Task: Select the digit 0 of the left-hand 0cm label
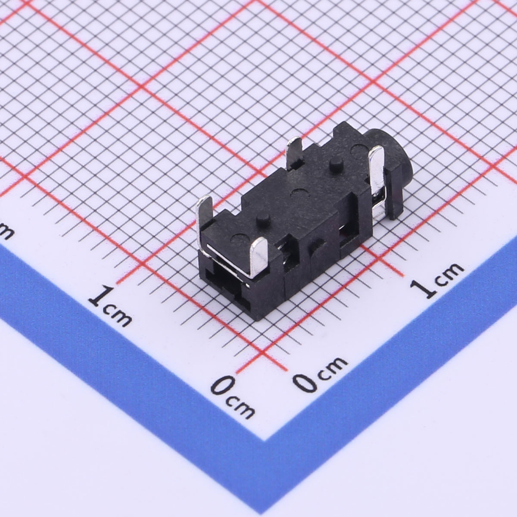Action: tap(222, 386)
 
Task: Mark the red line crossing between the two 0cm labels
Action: tap(263, 353)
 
